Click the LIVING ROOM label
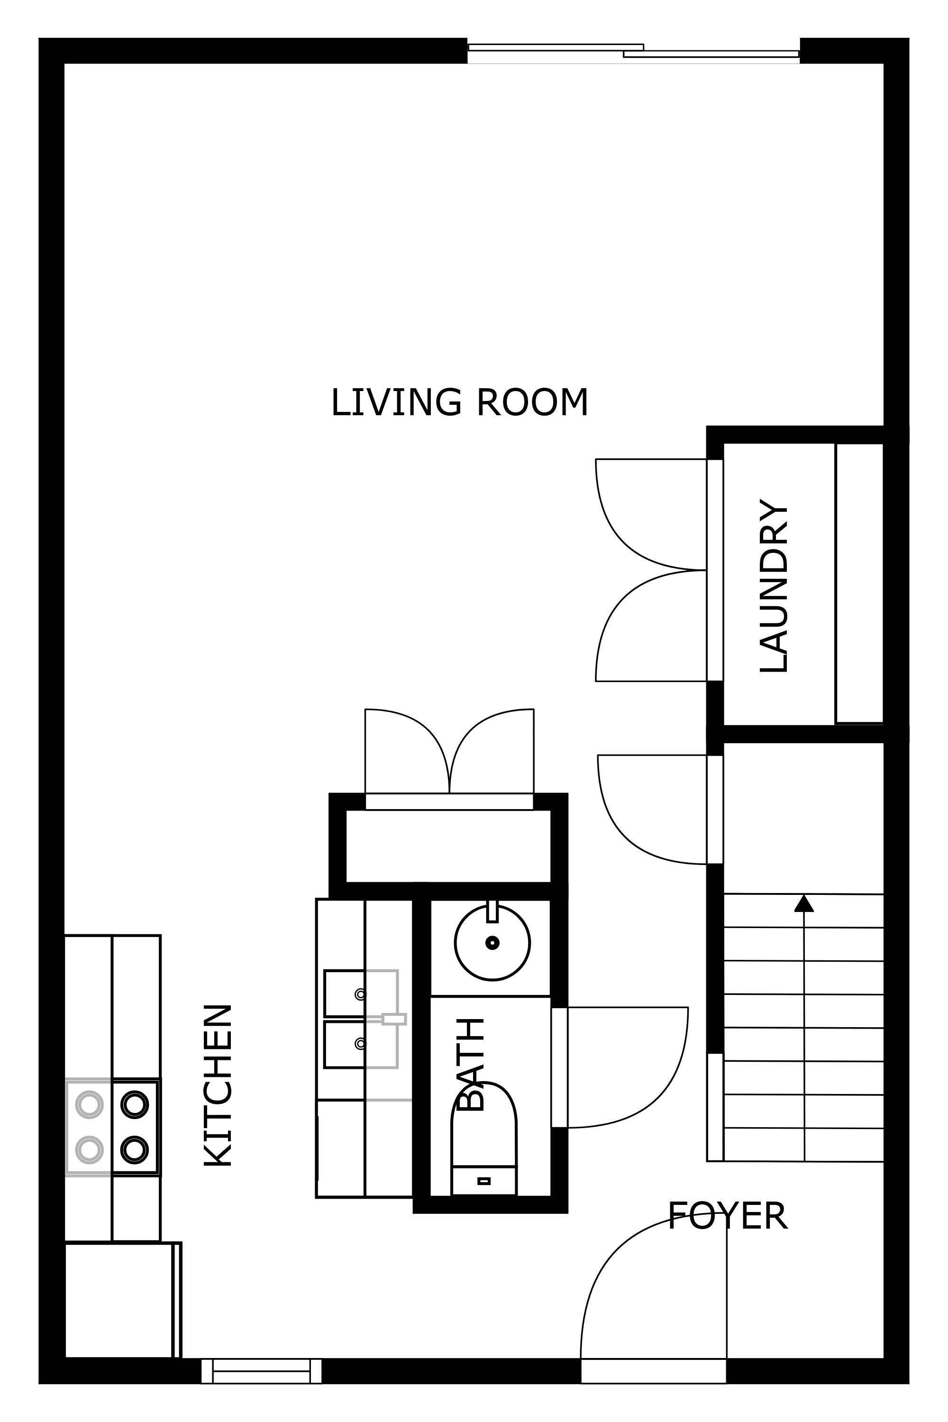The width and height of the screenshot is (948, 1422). [459, 403]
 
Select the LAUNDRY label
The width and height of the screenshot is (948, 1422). [774, 586]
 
